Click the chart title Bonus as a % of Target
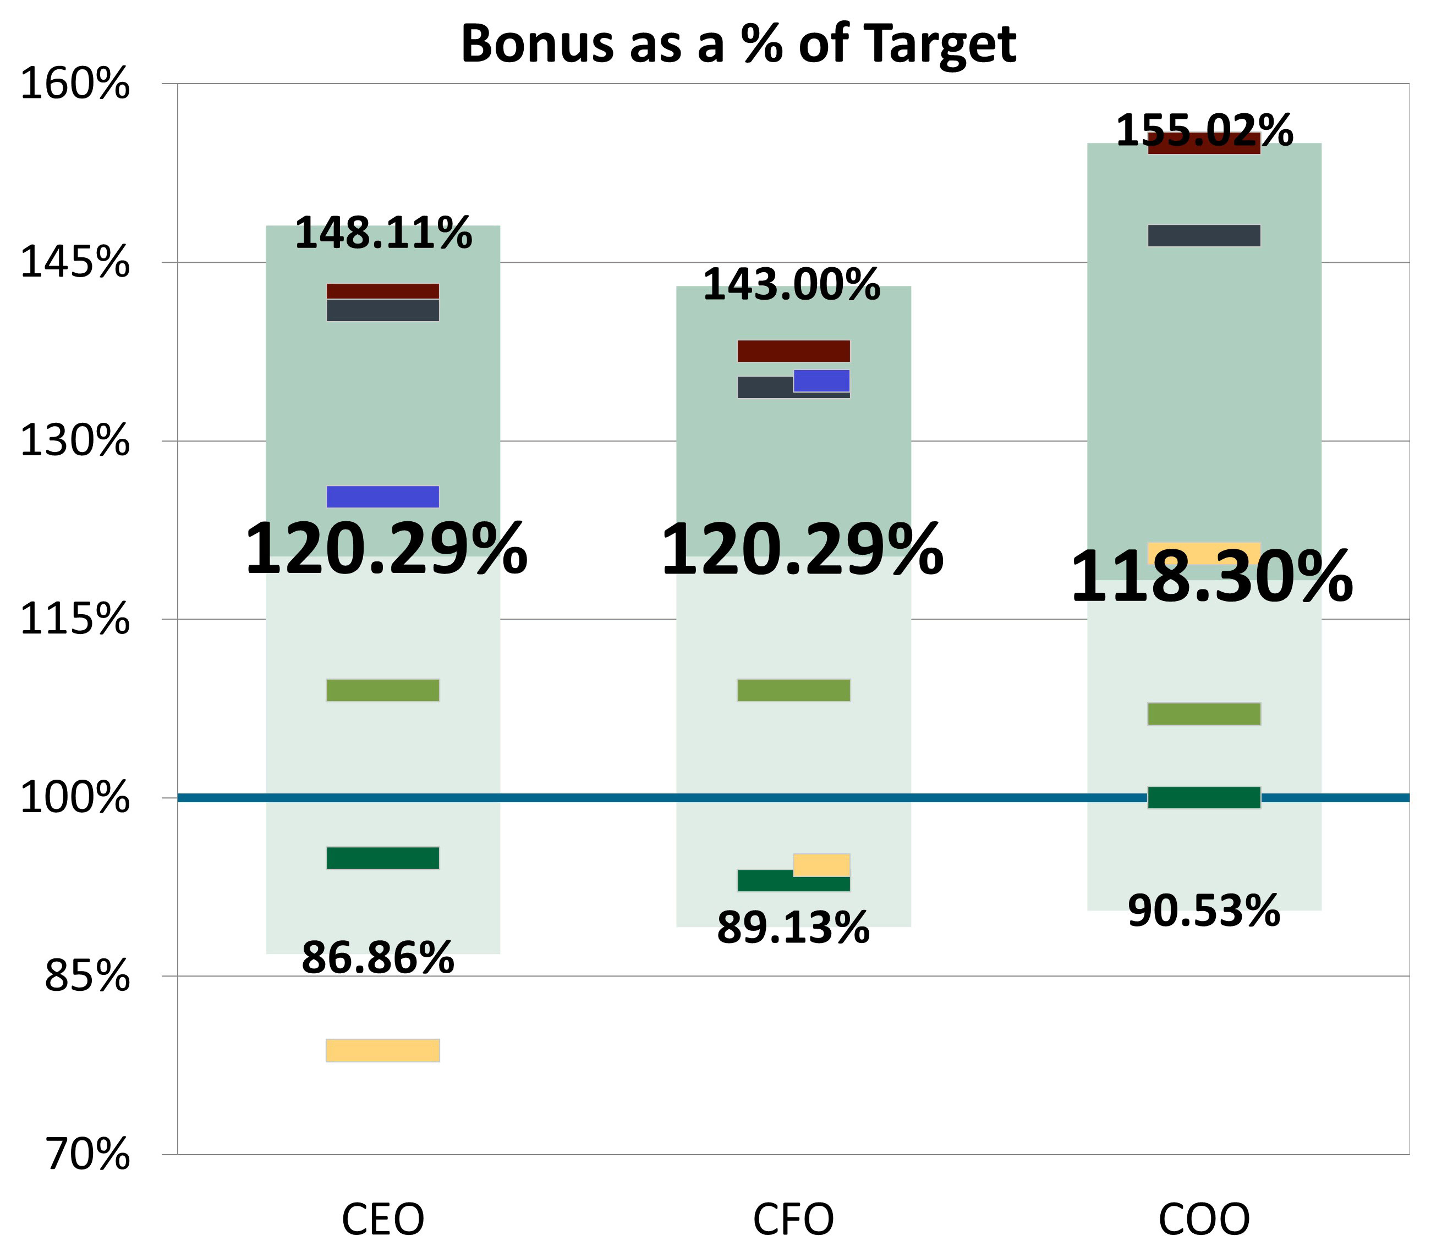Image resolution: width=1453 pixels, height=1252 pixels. tap(738, 43)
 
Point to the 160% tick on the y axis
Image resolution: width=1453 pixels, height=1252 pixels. tap(75, 84)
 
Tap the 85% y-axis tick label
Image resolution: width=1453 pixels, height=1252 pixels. tap(87, 976)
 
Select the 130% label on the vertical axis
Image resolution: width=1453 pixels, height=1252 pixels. tap(75, 442)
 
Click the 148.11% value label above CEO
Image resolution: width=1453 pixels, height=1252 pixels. tap(383, 234)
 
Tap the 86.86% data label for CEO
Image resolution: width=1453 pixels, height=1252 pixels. tap(378, 958)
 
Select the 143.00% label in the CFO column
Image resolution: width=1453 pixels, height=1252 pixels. tap(791, 285)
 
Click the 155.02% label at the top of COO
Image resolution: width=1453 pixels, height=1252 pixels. tap(1204, 131)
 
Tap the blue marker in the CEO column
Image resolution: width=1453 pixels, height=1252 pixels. tap(383, 497)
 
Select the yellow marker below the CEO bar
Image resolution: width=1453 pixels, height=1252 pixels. tap(383, 1050)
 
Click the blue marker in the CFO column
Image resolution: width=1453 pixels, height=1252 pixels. tap(821, 380)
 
